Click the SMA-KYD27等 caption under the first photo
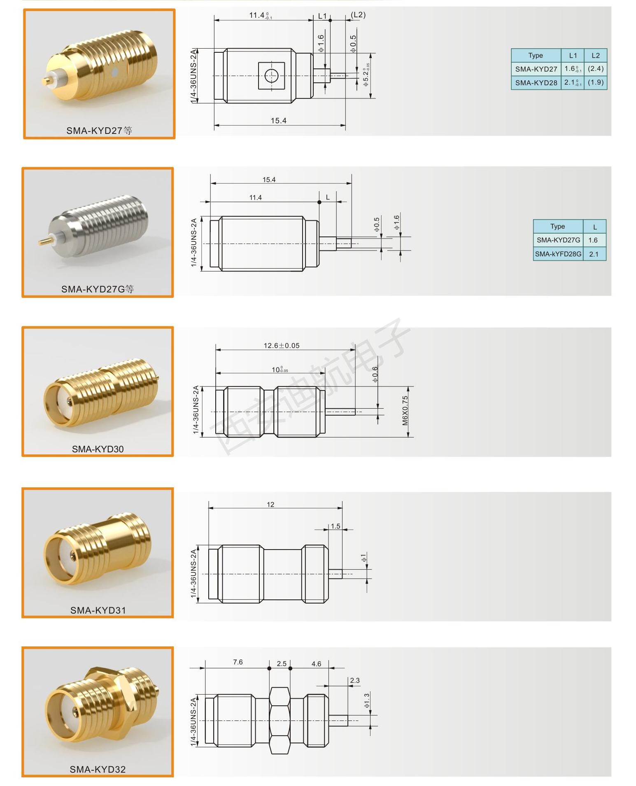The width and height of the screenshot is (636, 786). (x=99, y=131)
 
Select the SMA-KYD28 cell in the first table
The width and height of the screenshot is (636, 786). (x=536, y=83)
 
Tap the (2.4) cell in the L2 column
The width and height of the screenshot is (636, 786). (x=596, y=69)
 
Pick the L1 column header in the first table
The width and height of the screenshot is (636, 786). (x=573, y=55)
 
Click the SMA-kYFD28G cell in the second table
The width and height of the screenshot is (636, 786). (x=558, y=254)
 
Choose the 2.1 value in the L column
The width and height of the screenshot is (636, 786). (x=594, y=254)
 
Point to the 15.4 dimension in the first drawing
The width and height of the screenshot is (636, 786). (x=278, y=121)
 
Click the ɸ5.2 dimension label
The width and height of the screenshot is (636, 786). (x=366, y=75)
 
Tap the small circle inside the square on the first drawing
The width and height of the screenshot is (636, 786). (x=271, y=76)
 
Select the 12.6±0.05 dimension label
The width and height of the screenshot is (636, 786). (x=282, y=346)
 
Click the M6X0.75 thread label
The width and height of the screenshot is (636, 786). (x=405, y=411)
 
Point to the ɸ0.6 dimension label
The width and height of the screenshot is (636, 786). (x=375, y=374)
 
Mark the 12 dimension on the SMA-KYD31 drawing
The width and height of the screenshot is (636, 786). (x=270, y=505)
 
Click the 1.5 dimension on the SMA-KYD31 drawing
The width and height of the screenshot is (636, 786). (x=335, y=526)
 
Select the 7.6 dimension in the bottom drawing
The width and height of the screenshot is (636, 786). (x=238, y=662)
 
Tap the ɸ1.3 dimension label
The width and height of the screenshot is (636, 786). (x=367, y=701)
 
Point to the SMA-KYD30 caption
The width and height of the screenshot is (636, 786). (x=98, y=449)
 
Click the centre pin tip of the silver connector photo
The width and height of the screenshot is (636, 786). (x=40, y=243)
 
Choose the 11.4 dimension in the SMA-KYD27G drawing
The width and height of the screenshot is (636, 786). (x=256, y=198)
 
